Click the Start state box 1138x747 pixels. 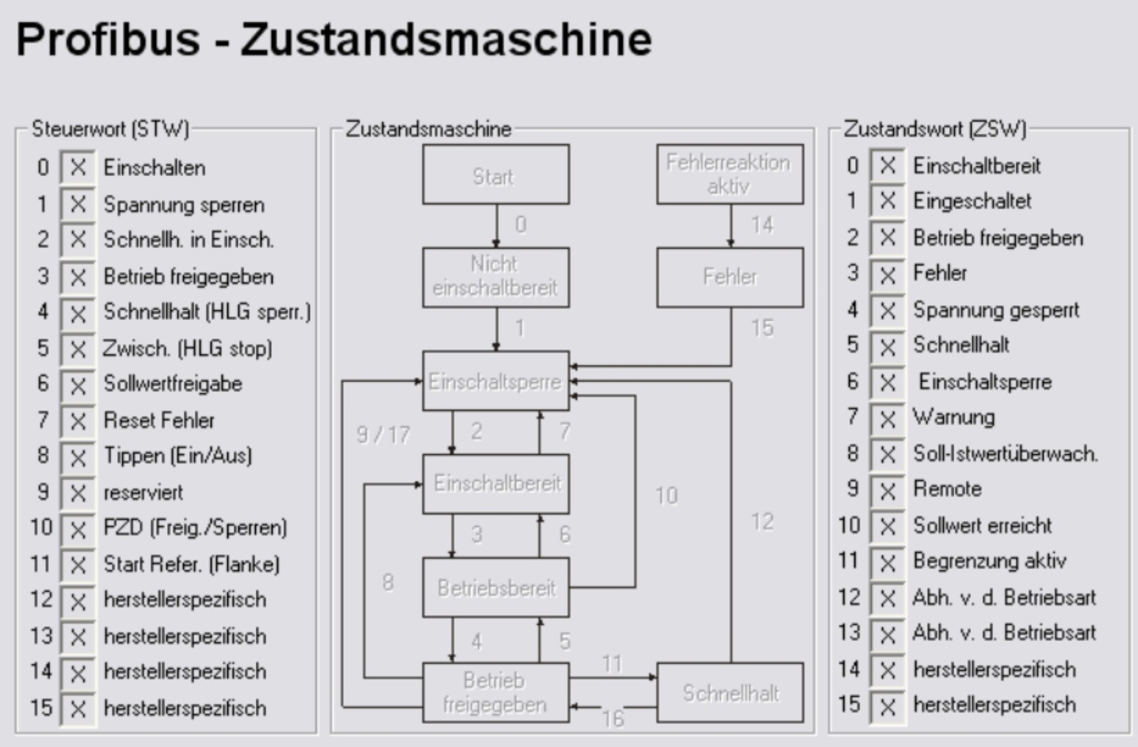point(495,175)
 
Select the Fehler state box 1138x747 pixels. point(730,277)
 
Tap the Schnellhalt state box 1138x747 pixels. point(730,693)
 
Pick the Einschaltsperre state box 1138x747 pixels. point(495,381)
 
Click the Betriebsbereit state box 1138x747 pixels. point(495,588)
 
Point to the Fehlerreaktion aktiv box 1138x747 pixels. point(730,175)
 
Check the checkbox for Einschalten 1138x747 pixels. point(78,168)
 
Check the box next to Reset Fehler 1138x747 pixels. point(78,421)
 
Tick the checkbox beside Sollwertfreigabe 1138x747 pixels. point(78,385)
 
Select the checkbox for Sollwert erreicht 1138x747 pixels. point(887,527)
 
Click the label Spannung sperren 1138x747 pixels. point(184,205)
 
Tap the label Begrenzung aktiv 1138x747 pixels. point(990,561)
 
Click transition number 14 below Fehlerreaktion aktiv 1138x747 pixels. point(762,225)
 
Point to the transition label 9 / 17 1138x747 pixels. point(383,435)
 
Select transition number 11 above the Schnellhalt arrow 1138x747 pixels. point(612,664)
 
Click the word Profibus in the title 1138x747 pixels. point(108,39)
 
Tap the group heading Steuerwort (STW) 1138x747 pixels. point(110,129)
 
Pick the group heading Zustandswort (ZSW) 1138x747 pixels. point(934,129)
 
